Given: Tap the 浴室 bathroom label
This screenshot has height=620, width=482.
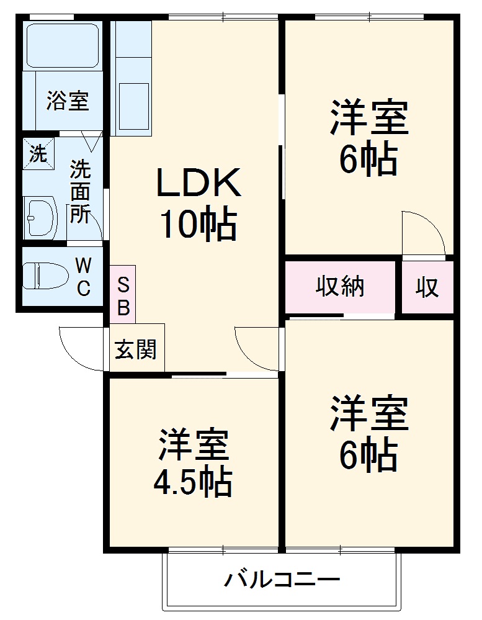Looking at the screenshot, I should (67, 101).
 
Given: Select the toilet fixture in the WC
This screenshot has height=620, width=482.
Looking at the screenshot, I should (45, 276).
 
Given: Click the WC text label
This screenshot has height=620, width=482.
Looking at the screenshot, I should (84, 277).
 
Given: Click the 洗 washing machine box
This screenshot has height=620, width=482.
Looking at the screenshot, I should (38, 153).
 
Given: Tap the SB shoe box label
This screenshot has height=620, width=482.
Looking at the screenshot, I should (123, 296).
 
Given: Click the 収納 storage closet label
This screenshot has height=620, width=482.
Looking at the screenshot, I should (340, 287).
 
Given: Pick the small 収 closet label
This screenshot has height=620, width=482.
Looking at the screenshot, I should (427, 288).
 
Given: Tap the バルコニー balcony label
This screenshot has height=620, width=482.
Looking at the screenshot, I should (282, 581).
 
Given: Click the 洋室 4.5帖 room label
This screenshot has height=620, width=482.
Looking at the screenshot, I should (193, 462).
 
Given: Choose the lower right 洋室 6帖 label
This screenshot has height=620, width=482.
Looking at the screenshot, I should (368, 434).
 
